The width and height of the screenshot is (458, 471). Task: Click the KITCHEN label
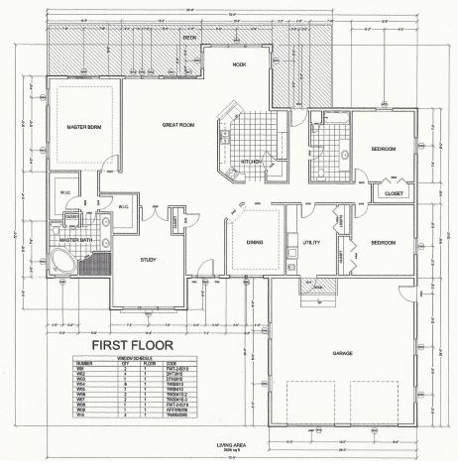249,162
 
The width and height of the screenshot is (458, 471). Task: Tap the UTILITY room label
311,242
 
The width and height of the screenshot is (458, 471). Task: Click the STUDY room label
148,260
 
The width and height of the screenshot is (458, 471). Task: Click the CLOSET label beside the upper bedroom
393,194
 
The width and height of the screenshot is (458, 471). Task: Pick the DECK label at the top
189,37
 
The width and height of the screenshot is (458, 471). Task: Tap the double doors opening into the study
156,212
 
